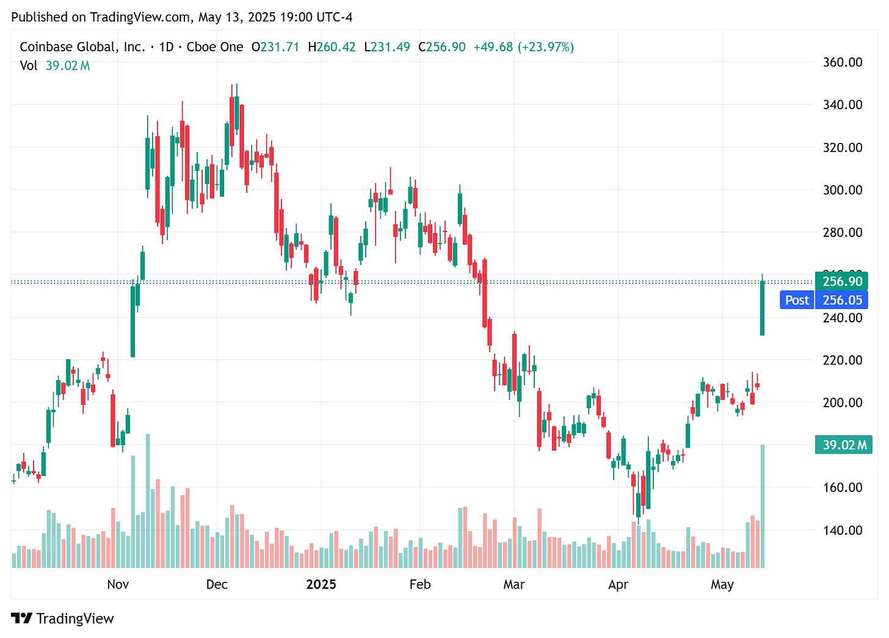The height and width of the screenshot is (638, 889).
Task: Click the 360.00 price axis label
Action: [842, 62]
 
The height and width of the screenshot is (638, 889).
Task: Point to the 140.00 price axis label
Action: [842, 530]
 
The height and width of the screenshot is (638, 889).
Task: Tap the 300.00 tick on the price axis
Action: [842, 190]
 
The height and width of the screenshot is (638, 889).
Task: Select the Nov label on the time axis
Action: [118, 584]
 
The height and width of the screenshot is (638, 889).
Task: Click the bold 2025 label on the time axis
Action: [321, 584]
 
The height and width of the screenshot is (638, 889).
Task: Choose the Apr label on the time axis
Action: [618, 584]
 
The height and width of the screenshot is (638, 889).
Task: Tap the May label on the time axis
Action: [722, 584]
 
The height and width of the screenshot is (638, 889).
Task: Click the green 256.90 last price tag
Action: [842, 281]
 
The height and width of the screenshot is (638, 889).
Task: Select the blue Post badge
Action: [797, 300]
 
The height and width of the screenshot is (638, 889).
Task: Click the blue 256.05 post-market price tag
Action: [842, 300]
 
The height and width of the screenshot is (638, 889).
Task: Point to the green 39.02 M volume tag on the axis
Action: [844, 444]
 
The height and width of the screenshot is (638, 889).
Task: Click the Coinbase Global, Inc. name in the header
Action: [82, 47]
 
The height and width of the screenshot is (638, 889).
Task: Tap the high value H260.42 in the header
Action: [332, 47]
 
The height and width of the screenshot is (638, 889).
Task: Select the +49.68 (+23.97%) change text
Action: [523, 47]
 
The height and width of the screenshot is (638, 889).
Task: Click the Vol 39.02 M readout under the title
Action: [54, 65]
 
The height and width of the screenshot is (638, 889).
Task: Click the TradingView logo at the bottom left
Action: [62, 618]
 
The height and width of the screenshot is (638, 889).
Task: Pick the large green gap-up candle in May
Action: [762, 308]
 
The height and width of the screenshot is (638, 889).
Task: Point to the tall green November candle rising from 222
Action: [132, 321]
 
